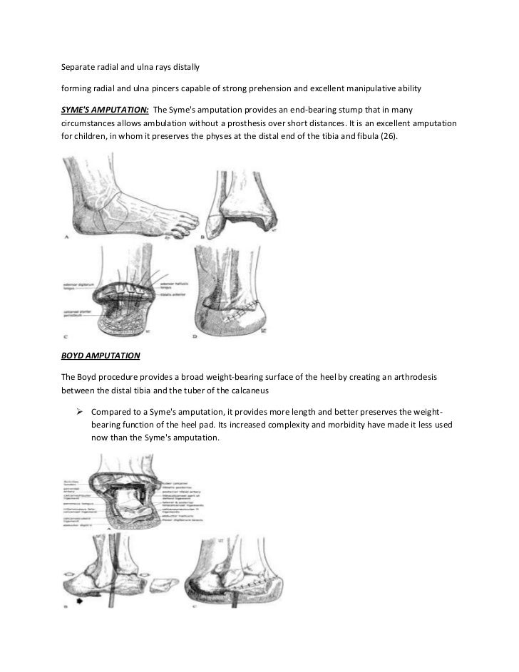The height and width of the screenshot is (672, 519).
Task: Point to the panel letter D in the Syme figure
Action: pos(193,334)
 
